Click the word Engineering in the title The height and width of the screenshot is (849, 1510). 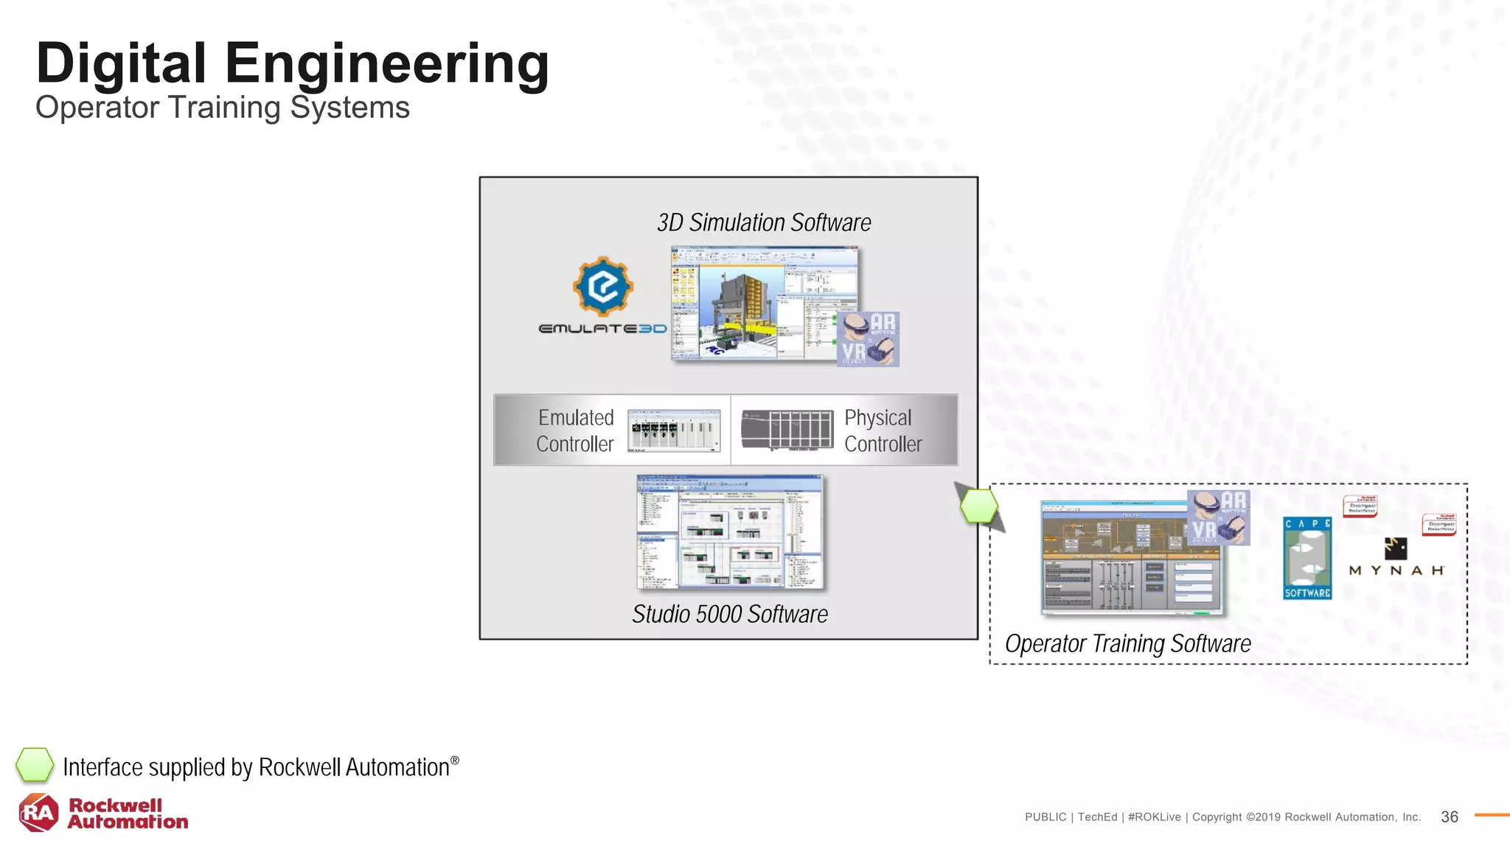[386, 64]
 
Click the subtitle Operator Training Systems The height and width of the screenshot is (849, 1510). [222, 108]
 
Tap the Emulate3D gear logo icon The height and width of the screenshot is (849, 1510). [603, 286]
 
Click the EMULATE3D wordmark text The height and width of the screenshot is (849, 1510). [602, 329]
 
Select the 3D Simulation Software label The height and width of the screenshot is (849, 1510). [763, 223]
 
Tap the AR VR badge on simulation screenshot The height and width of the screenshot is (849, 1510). [868, 339]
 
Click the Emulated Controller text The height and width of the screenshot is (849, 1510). [575, 430]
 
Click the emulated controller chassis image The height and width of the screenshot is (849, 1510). [674, 430]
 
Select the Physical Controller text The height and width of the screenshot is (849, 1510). [882, 430]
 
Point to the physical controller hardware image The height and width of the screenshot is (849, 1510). [787, 430]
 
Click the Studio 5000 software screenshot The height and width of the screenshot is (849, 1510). [729, 531]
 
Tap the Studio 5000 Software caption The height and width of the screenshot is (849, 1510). [729, 614]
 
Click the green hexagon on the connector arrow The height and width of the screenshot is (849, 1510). [979, 506]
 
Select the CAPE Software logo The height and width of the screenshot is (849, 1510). [1307, 558]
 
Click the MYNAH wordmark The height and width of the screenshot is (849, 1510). [1396, 570]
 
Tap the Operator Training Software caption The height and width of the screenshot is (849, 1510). [1127, 643]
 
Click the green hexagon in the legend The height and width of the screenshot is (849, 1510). [35, 765]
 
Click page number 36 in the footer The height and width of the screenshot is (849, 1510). [1449, 817]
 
